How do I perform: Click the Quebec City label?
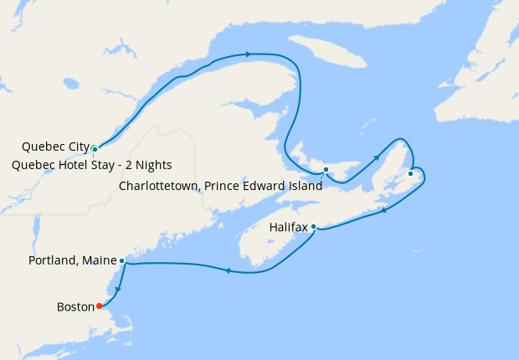[x=55, y=147]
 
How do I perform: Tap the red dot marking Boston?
[x=100, y=306]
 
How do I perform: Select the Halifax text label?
[x=288, y=227]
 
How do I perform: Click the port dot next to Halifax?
[x=313, y=226]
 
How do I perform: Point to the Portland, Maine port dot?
[x=122, y=260]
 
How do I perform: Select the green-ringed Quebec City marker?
[x=95, y=149]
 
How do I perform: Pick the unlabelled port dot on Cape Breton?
[x=410, y=173]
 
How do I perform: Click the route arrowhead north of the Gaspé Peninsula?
[x=249, y=54]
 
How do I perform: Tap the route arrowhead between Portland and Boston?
[x=117, y=289]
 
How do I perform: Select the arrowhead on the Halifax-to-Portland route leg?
[x=228, y=270]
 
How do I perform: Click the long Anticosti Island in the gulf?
[x=331, y=54]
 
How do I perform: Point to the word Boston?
[x=75, y=306]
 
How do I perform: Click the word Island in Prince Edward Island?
[x=304, y=186]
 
